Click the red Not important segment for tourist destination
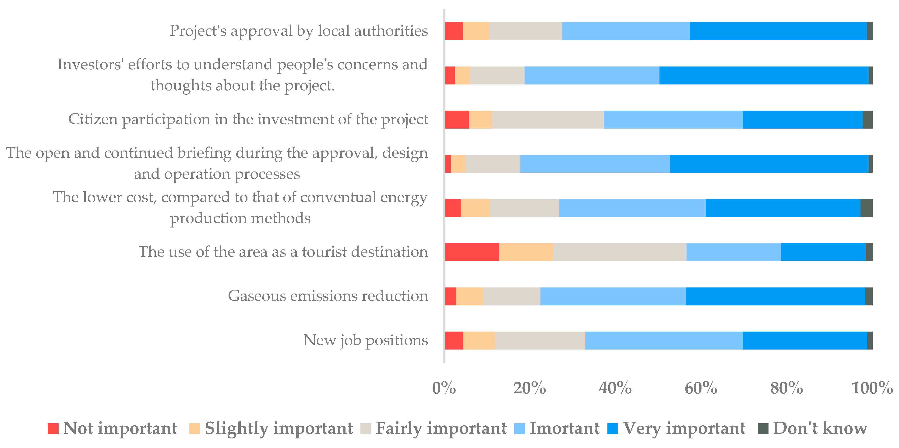click(x=472, y=252)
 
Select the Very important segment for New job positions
click(x=804, y=340)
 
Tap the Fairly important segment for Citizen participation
click(x=548, y=120)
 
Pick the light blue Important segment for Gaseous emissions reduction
click(x=613, y=296)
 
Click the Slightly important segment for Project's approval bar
click(x=476, y=31)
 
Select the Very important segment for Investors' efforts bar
click(x=764, y=75)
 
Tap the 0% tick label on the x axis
click(x=444, y=388)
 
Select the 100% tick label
click(x=872, y=388)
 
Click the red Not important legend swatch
click(x=53, y=428)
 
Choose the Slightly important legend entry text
click(x=279, y=428)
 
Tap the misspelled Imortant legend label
click(x=564, y=428)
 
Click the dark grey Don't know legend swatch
click(x=763, y=428)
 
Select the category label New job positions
click(x=365, y=340)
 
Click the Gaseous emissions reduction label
click(x=328, y=296)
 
